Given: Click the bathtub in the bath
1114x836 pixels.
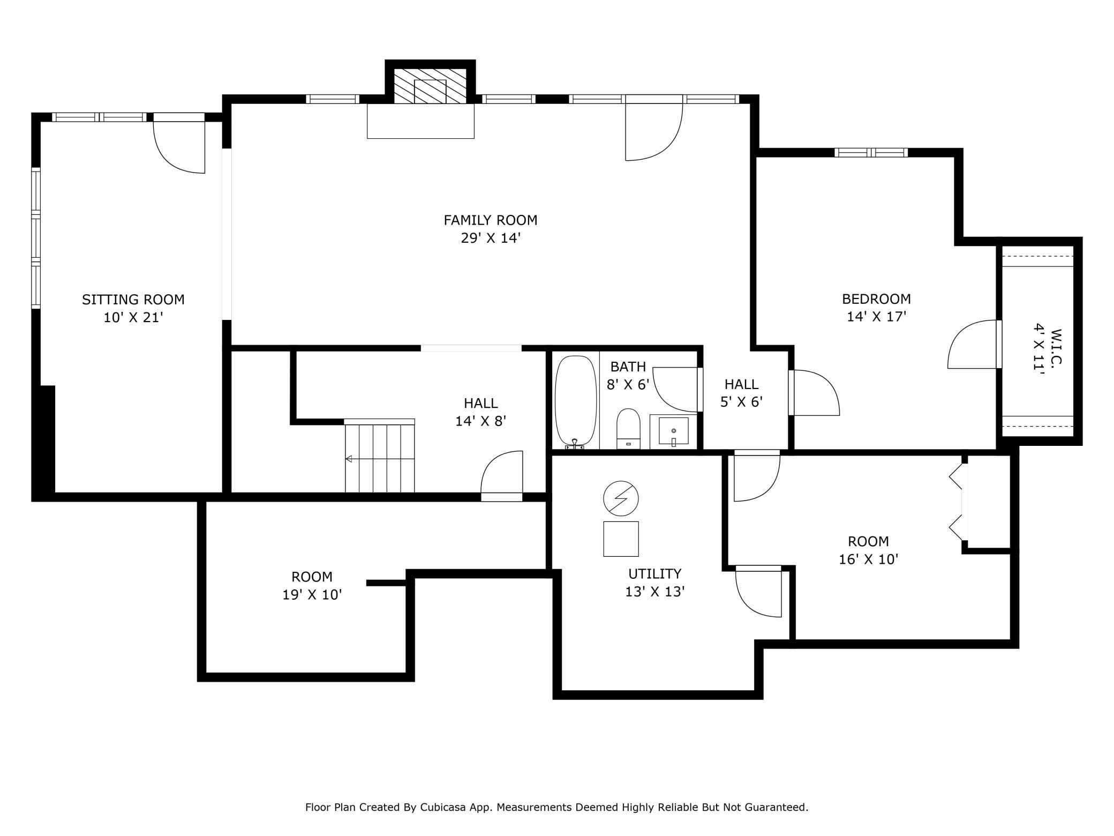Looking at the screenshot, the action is coord(576,402).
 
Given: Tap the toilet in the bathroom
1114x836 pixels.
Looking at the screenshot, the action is coord(628,428).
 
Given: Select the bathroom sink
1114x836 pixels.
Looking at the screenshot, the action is coord(673,431).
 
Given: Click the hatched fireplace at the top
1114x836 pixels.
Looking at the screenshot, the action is coord(430,86).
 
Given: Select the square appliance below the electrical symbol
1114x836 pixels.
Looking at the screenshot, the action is coord(621,539).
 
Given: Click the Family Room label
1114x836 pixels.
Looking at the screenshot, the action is coord(490,220).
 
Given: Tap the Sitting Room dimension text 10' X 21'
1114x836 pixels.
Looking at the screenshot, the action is coord(133,318).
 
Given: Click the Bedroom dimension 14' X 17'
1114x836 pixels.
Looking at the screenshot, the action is coord(876,317).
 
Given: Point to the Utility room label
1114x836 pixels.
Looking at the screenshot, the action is coord(654,574).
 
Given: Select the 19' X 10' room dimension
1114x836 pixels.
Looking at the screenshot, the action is coord(312,595).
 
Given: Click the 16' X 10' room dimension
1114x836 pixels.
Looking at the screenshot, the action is coord(868,559).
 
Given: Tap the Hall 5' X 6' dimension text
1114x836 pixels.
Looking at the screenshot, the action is coord(741,402).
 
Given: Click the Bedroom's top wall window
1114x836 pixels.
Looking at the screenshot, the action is coord(871,153).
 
